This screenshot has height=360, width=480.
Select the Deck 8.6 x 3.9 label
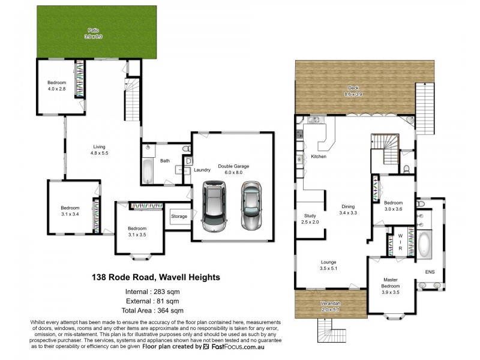353,92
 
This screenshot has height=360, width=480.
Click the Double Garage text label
233,169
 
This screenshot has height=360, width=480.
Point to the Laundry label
202,170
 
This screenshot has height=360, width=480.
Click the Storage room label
179,216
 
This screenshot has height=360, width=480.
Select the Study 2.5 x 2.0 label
310,218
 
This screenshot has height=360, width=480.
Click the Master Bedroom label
391,286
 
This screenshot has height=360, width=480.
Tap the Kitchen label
318,157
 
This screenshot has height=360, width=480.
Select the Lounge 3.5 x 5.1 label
328,265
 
